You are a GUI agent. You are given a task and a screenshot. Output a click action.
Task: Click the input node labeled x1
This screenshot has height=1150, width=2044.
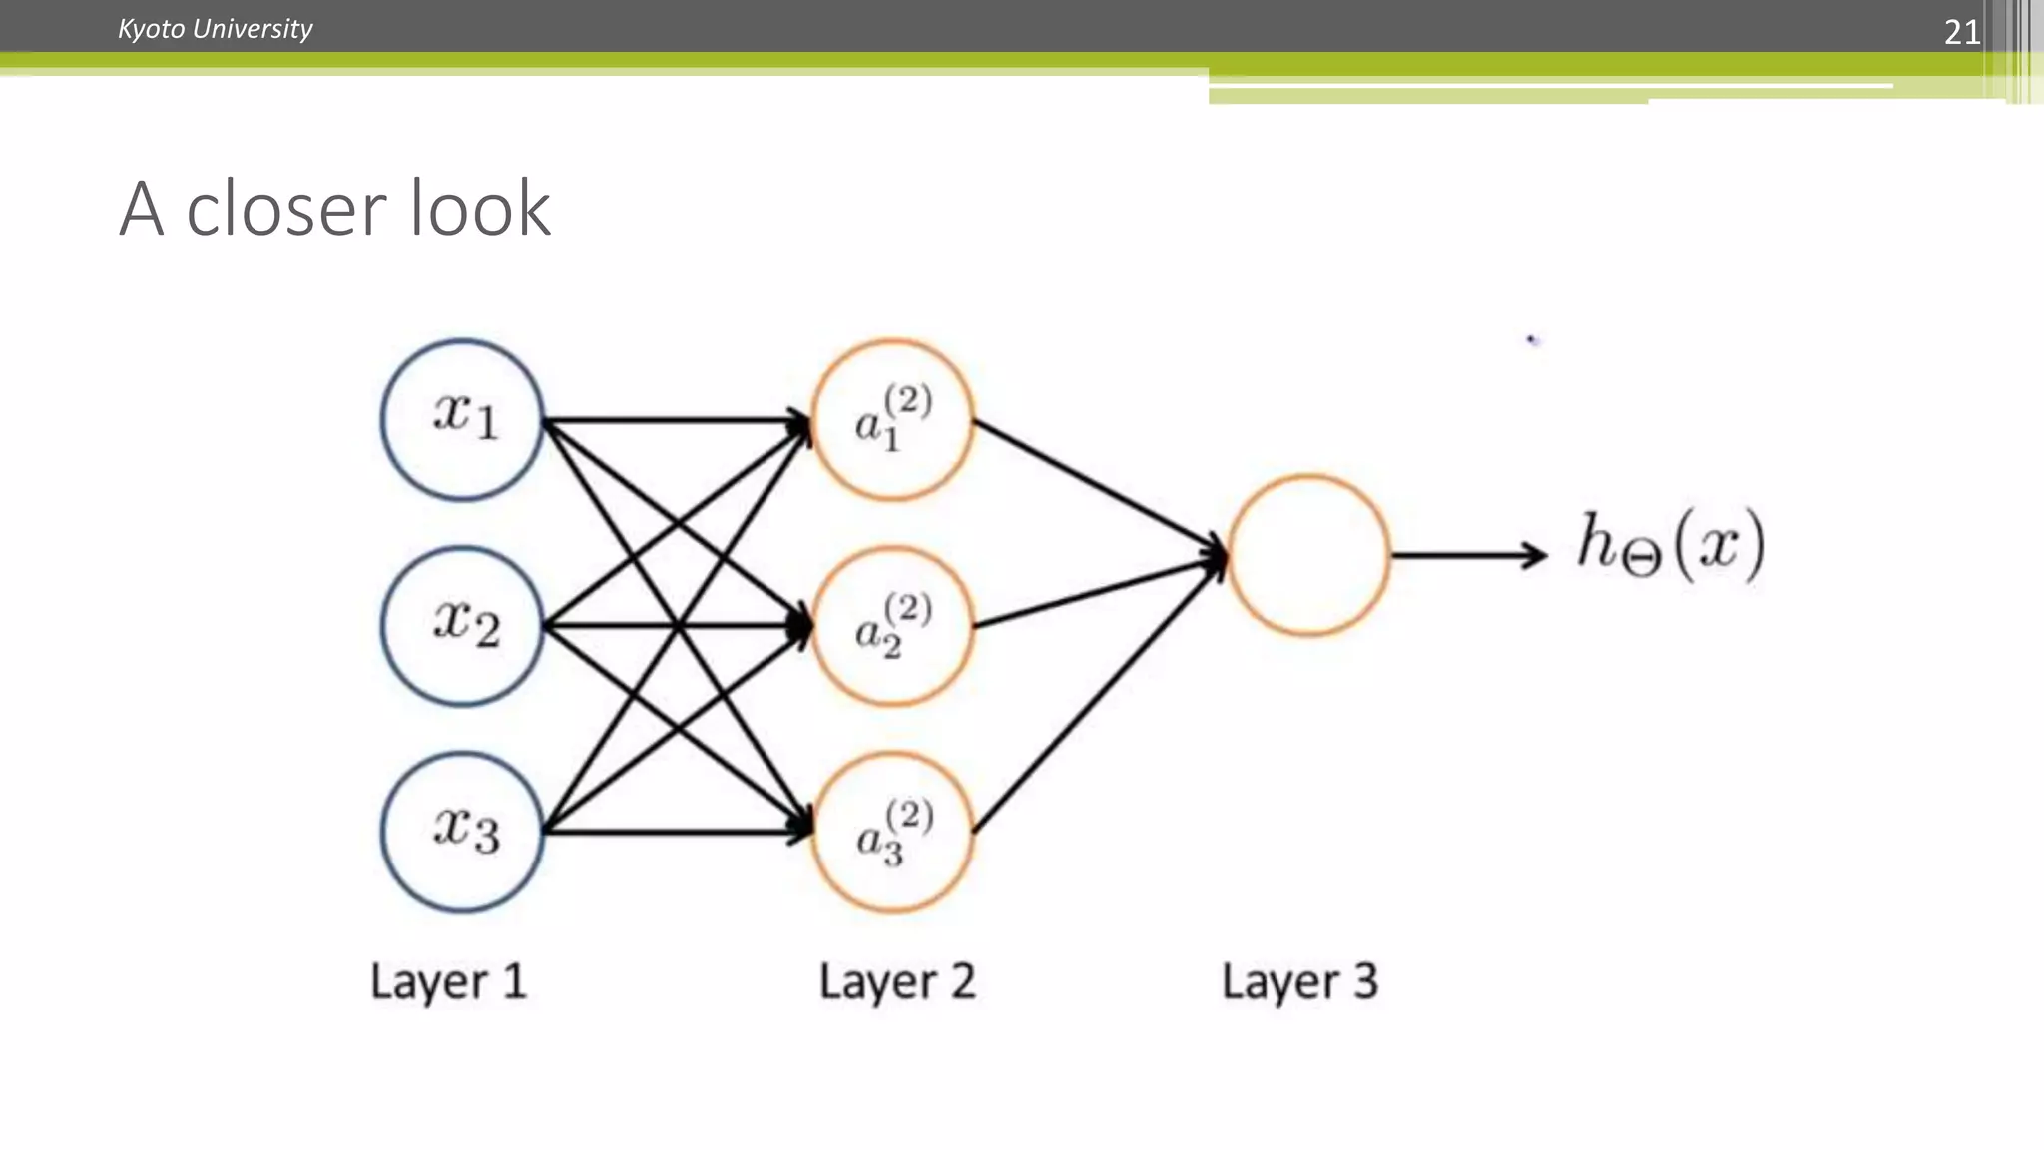point(462,419)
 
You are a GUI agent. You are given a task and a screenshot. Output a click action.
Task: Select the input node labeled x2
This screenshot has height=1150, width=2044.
point(462,626)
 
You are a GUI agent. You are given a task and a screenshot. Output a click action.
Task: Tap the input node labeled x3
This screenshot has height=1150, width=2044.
point(462,832)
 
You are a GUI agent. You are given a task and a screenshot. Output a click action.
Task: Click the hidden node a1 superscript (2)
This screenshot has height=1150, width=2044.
point(893,419)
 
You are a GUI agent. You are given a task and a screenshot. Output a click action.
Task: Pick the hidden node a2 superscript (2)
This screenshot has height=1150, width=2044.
point(893,626)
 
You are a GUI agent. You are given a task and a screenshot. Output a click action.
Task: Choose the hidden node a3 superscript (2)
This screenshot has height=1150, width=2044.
point(893,832)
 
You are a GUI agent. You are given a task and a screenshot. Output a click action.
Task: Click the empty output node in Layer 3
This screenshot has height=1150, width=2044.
point(1308,555)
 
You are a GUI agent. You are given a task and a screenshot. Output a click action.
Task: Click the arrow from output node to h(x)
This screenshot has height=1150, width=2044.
point(1467,555)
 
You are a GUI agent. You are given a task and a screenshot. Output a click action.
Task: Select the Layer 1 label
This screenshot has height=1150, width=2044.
point(448,981)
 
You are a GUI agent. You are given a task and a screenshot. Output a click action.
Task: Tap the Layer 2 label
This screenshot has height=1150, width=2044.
point(896,981)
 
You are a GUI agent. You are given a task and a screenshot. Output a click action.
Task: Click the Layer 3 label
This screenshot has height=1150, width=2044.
point(1299,981)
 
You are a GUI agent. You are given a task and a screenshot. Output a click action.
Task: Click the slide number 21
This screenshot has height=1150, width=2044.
point(1961,32)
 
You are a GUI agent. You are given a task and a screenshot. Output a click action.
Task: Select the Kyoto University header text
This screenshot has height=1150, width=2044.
point(215,28)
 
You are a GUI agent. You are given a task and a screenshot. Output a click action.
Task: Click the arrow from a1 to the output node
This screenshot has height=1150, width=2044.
point(1098,486)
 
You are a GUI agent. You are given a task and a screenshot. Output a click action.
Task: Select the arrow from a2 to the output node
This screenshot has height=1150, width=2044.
point(1098,592)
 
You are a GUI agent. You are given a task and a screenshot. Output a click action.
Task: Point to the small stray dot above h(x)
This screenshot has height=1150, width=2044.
point(1532,340)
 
